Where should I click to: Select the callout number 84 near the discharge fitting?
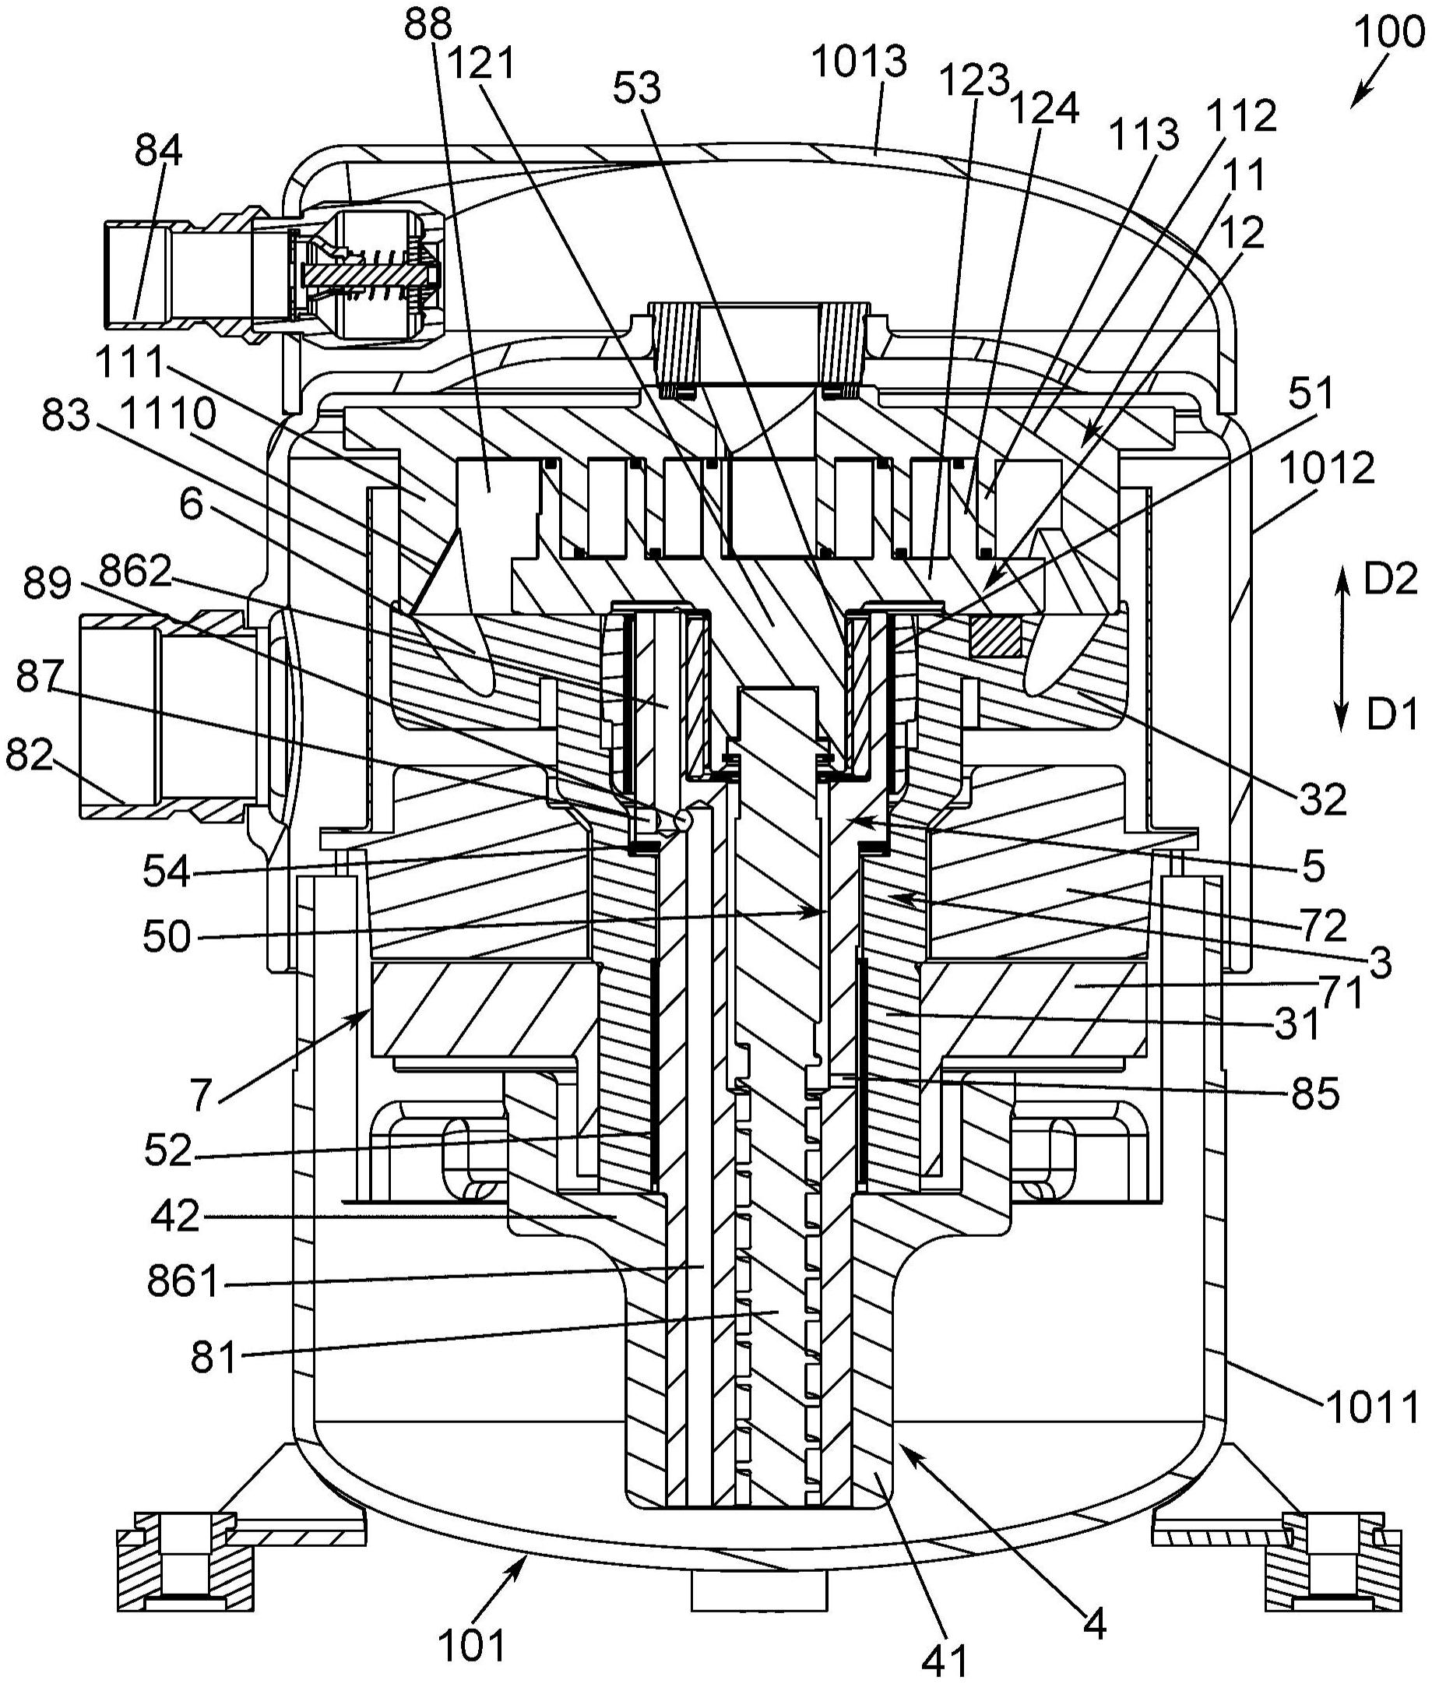tap(160, 151)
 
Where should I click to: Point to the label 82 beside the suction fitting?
tap(30, 756)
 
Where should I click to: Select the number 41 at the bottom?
tap(945, 1661)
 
